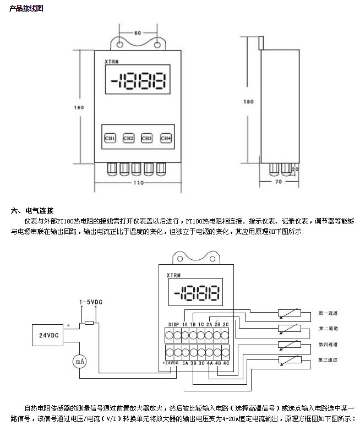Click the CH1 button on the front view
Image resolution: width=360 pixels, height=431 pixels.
tap(110, 138)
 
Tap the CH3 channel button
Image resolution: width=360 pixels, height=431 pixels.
tap(146, 138)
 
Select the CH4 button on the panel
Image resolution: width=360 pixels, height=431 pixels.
tap(166, 138)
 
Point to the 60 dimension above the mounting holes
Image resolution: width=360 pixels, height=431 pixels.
tap(138, 33)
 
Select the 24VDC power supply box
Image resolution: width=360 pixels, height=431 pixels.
tap(48, 335)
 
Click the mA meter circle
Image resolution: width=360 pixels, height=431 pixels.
tap(80, 361)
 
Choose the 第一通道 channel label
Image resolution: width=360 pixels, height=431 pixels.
tap(328, 313)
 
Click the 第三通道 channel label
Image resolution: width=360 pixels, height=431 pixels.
tap(328, 360)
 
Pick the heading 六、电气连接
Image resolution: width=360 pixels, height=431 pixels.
tap(32, 210)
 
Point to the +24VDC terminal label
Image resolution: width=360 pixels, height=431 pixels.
tap(171, 363)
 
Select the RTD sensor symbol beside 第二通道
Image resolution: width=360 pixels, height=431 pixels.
tap(289, 329)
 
